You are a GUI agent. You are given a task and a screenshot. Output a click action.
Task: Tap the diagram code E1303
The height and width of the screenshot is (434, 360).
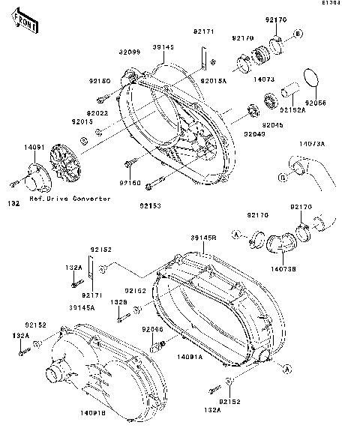pyautogui.click(x=344, y=4)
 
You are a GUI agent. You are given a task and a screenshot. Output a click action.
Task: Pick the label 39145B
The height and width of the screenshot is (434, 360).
pyautogui.click(x=204, y=238)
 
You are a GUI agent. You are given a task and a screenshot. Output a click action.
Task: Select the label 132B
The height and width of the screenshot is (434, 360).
pyautogui.click(x=119, y=302)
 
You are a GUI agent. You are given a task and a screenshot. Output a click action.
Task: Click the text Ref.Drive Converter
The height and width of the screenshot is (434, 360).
pyautogui.click(x=70, y=199)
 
